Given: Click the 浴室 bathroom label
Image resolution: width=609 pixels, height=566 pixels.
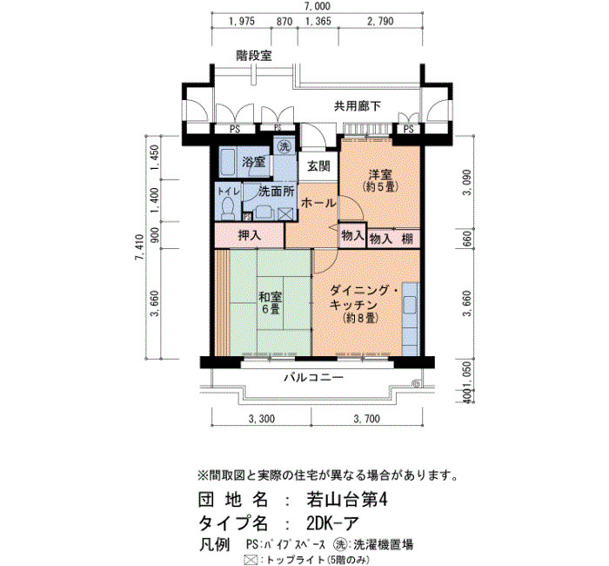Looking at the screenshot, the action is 254,161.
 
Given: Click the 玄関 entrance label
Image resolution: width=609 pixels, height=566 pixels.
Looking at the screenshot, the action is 318,166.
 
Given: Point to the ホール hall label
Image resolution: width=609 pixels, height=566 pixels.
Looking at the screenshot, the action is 318,203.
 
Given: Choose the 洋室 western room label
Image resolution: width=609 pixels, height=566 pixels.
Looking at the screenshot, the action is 381,175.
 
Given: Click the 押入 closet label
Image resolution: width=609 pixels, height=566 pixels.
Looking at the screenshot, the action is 250,235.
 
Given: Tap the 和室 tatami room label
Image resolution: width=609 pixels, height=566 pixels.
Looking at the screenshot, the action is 271,298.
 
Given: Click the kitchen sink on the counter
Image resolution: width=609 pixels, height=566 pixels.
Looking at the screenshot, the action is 410,305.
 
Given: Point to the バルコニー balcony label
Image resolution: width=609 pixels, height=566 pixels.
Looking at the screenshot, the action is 314,377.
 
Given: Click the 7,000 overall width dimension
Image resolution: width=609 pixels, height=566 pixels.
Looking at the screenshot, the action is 318,6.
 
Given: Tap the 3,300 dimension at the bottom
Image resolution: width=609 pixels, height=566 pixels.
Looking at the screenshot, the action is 261,419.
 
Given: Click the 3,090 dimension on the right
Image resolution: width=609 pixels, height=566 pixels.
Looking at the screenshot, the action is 467,182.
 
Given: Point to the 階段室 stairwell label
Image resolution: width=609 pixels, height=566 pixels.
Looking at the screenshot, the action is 254,56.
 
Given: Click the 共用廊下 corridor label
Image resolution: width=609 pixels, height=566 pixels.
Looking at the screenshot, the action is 358,105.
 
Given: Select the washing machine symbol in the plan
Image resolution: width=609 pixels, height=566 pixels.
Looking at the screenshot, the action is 284,147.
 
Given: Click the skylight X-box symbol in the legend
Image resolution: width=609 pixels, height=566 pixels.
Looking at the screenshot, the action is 251,560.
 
